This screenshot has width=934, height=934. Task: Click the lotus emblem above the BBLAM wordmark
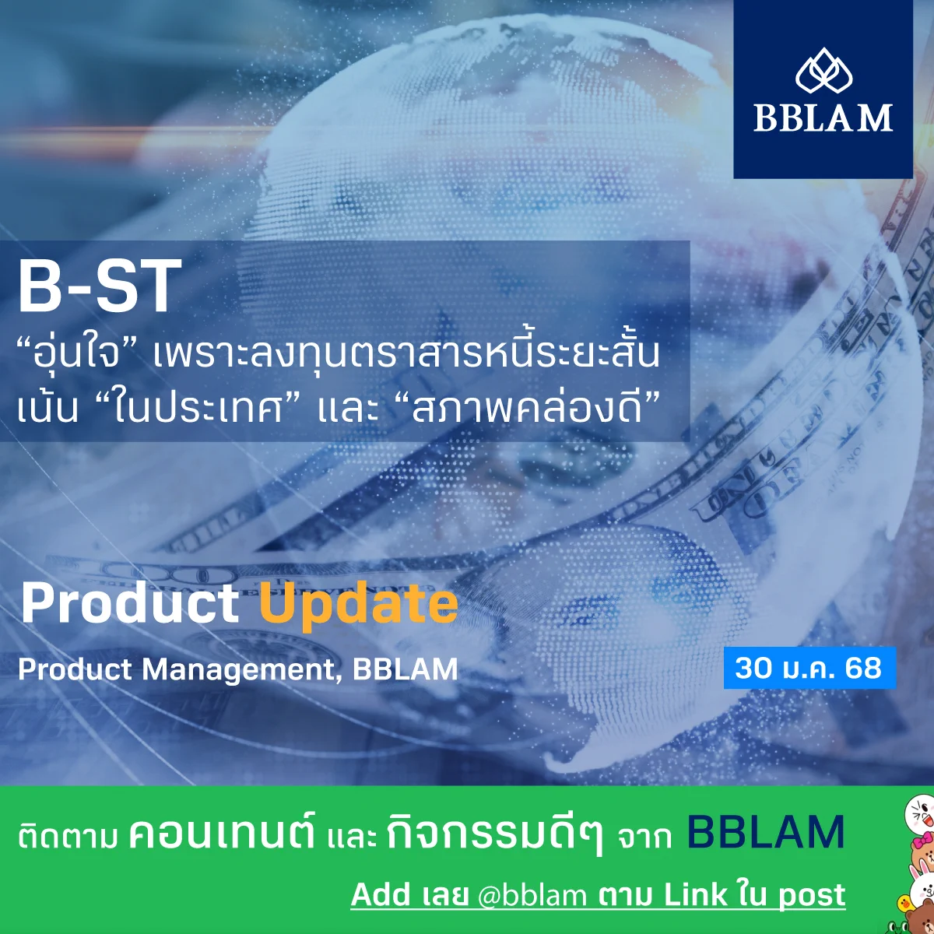[x=823, y=71]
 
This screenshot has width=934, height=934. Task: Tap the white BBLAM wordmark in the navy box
[x=823, y=118]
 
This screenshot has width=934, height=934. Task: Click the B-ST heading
[x=100, y=286]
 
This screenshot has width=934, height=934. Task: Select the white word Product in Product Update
[x=129, y=603]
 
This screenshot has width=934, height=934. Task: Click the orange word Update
[x=359, y=606]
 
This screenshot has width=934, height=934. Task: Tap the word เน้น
[x=47, y=408]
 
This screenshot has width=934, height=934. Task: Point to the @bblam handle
[x=532, y=895]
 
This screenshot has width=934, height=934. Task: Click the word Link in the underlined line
[x=696, y=894]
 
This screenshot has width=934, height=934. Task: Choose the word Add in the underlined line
[x=381, y=894]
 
